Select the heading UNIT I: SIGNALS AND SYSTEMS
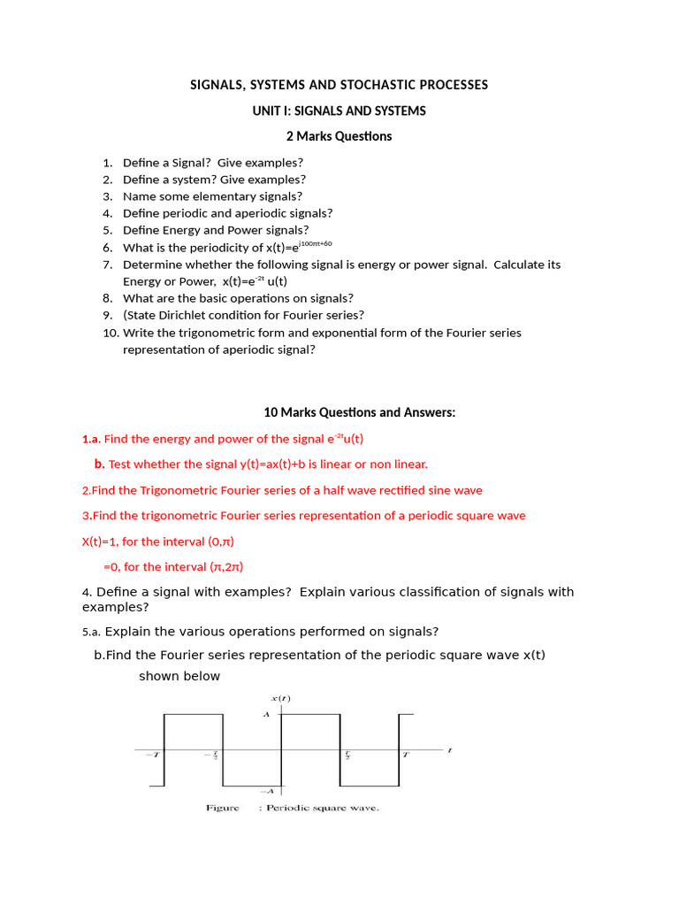(x=339, y=111)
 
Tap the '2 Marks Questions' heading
(x=339, y=136)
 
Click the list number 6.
(x=107, y=248)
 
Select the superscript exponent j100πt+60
(x=316, y=243)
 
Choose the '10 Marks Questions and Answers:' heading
(x=359, y=412)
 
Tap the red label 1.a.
(x=91, y=439)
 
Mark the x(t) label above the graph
(x=283, y=698)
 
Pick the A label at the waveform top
(x=266, y=714)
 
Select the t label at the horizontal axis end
(x=449, y=751)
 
